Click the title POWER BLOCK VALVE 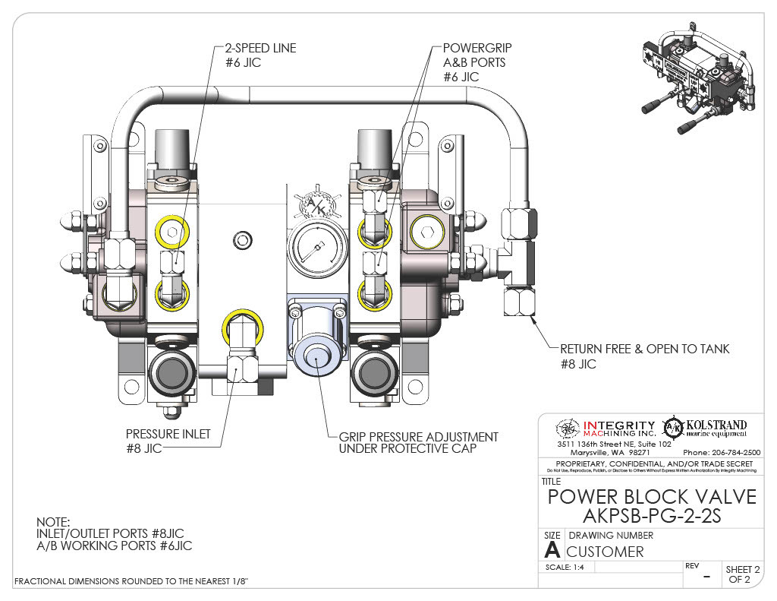tap(652, 496)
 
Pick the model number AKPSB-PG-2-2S tap(652, 516)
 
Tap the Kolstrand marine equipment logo tap(705, 428)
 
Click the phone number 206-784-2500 tap(725, 452)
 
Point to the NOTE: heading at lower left tap(52, 523)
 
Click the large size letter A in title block tap(552, 551)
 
